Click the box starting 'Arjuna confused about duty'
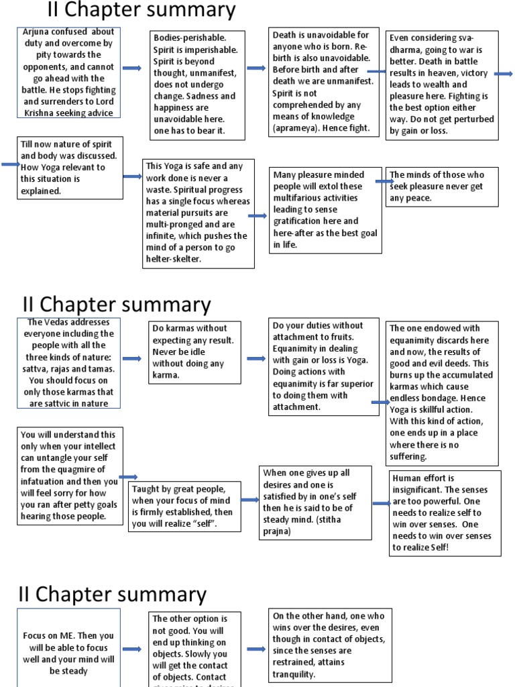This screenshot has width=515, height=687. point(69,72)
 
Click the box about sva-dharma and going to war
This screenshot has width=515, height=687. point(442,85)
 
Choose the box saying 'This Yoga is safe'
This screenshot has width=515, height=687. point(199,213)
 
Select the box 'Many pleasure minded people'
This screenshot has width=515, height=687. point(325,210)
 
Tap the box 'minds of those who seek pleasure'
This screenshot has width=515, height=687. point(442,187)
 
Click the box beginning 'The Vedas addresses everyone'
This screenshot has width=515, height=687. point(70,363)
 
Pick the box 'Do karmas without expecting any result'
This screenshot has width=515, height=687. point(194,352)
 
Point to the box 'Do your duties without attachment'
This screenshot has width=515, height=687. point(319,366)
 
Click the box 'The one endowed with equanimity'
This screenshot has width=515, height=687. point(442,392)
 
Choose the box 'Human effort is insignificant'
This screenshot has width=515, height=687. point(445,513)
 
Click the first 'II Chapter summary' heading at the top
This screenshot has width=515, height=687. point(141,11)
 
